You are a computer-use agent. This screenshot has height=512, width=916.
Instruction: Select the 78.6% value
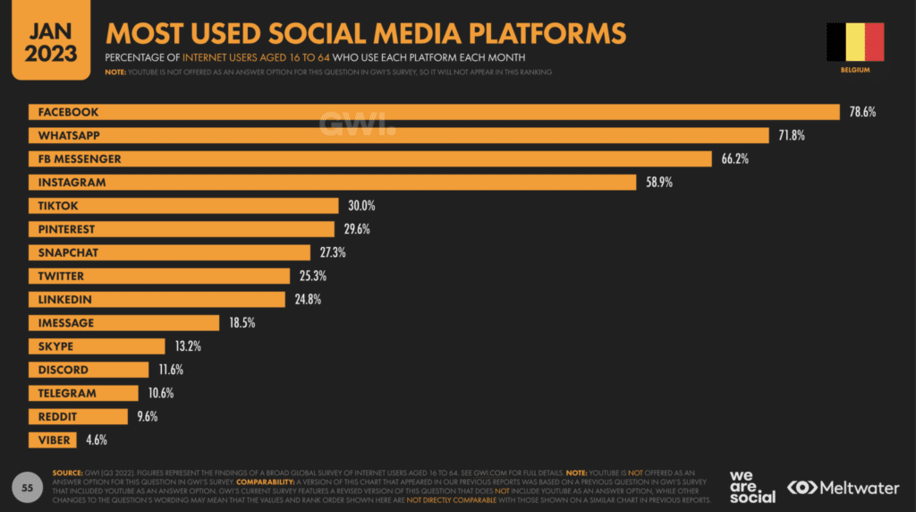[863, 112]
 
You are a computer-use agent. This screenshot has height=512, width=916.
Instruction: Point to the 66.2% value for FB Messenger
[729, 158]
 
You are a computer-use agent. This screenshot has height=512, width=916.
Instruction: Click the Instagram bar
[332, 182]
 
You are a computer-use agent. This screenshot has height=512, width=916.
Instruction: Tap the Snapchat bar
[169, 252]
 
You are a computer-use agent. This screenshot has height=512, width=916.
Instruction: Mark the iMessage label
[65, 322]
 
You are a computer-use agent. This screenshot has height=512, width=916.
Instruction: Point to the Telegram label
[66, 393]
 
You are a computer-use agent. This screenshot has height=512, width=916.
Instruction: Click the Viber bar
[55, 439]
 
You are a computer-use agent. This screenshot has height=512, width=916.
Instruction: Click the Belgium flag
[854, 41]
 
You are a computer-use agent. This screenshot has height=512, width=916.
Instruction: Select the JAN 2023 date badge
[51, 39]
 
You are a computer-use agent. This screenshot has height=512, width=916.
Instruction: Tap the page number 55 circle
[28, 487]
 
